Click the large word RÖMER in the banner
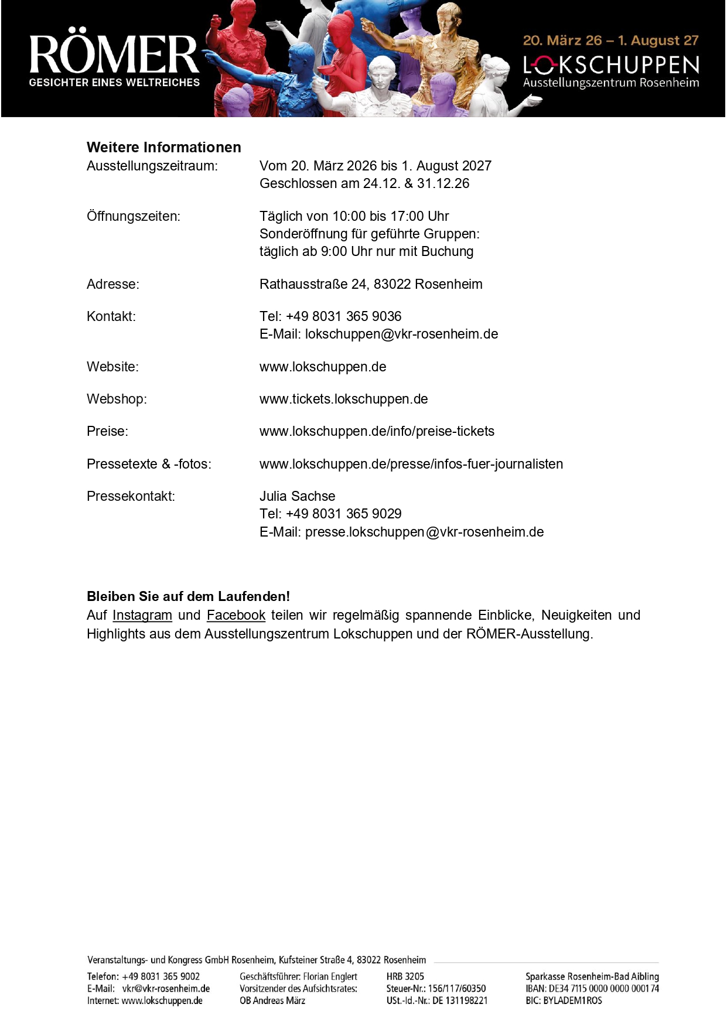[x=114, y=54]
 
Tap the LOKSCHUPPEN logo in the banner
[x=611, y=65]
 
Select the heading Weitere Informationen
[x=164, y=147]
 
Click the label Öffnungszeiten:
[x=134, y=216]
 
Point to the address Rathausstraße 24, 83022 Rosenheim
[x=371, y=284]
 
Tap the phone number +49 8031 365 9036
[x=343, y=316]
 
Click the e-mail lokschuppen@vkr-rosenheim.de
[x=401, y=334]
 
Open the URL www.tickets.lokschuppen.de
[x=343, y=399]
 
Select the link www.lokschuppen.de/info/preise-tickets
[x=377, y=431]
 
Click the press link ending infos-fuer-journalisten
[x=411, y=464]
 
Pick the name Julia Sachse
[x=297, y=496]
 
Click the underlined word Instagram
[x=142, y=615]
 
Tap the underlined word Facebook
[x=236, y=615]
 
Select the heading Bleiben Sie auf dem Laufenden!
[x=188, y=596]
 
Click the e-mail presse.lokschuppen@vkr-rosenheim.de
[x=424, y=532]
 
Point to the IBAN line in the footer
[x=592, y=988]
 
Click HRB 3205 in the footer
[x=405, y=976]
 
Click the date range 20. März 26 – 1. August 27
[x=610, y=40]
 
